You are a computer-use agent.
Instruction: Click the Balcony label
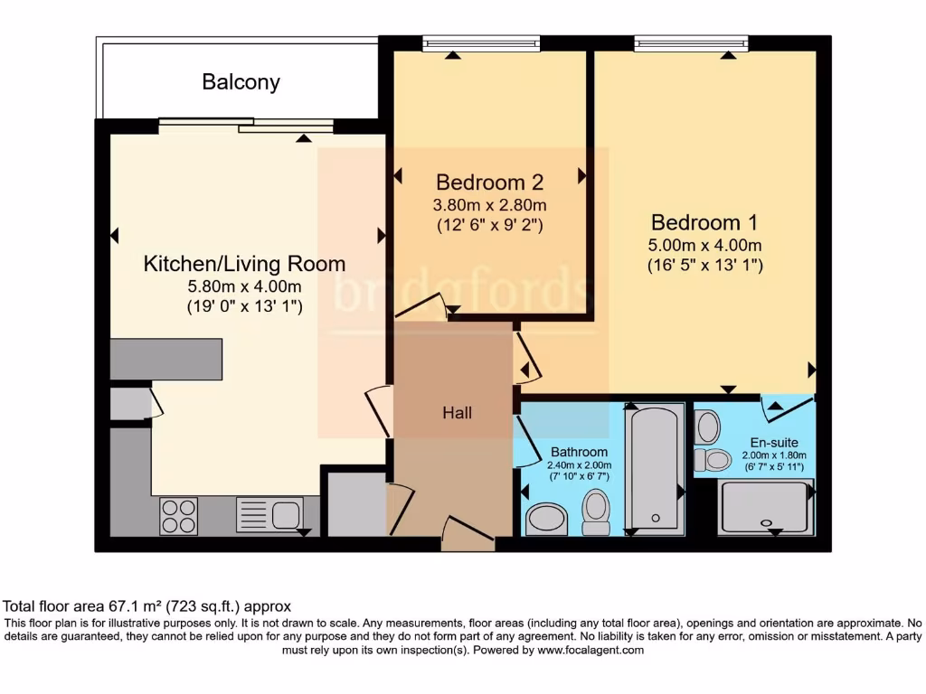pos(241,82)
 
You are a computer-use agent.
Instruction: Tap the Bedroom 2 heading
pos(489,183)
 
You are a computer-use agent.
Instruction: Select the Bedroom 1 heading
pos(704,222)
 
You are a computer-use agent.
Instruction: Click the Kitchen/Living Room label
pos(244,264)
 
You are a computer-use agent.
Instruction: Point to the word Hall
pos(457,412)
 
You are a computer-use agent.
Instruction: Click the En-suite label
pos(774,442)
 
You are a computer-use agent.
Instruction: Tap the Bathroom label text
pos(579,452)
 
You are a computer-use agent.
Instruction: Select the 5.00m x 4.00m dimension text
pos(704,245)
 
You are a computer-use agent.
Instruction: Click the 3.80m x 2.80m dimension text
pos(489,205)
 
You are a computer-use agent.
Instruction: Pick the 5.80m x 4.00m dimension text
pos(244,286)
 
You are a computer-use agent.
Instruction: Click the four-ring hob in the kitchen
pos(179,516)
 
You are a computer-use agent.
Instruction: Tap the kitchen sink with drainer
pos(269,514)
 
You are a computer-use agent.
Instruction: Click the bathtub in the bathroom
pos(655,469)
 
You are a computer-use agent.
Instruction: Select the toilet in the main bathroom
pos(595,512)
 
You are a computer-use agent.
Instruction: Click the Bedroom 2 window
pos(481,43)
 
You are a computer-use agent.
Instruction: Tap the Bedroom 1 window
pos(692,43)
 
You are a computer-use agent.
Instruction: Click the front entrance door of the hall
pos(468,533)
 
